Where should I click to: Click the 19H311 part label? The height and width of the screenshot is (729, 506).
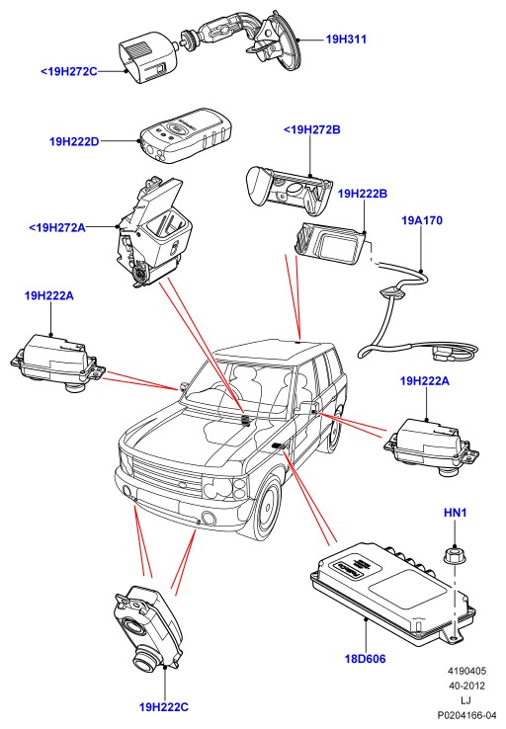tap(346, 40)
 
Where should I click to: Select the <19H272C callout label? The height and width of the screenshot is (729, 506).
tap(69, 71)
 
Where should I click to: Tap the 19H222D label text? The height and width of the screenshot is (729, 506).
tap(74, 141)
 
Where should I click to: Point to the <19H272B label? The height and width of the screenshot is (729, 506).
tap(312, 129)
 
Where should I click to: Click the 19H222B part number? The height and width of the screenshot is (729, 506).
tap(363, 194)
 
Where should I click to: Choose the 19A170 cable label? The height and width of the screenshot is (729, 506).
tap(422, 220)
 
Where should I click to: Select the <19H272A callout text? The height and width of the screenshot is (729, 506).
tap(57, 228)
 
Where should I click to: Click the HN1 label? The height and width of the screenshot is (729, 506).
tap(456, 513)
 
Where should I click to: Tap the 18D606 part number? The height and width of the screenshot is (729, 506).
tap(365, 659)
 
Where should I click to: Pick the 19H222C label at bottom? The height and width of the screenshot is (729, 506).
tap(164, 707)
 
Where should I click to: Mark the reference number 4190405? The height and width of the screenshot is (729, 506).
tap(466, 671)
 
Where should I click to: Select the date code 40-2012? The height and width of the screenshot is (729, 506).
tap(466, 686)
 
